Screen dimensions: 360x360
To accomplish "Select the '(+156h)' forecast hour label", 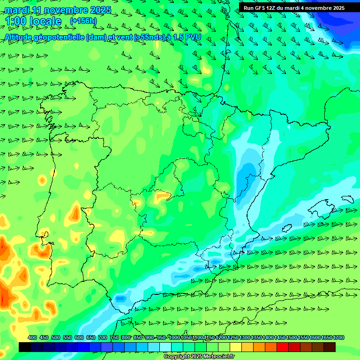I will tap(83, 21).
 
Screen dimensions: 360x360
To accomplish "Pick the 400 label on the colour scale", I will tap(32, 337).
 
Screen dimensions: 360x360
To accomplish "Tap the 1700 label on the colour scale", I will tap(326, 337).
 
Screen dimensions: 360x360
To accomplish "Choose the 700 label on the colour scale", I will tap(102, 337).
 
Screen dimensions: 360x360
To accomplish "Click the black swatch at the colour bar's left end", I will tap(25, 347).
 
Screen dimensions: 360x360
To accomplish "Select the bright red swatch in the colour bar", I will tap(283, 347).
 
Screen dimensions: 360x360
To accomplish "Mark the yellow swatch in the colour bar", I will tap(236, 347).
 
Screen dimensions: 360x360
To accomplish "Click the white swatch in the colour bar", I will tap(165, 347).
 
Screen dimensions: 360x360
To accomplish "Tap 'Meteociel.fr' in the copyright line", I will tap(218, 357).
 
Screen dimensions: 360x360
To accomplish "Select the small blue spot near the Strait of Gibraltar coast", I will tap(120, 298).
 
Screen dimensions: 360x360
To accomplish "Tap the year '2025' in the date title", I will tap(100, 10).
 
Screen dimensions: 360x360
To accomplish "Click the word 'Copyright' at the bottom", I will tap(176, 357).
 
